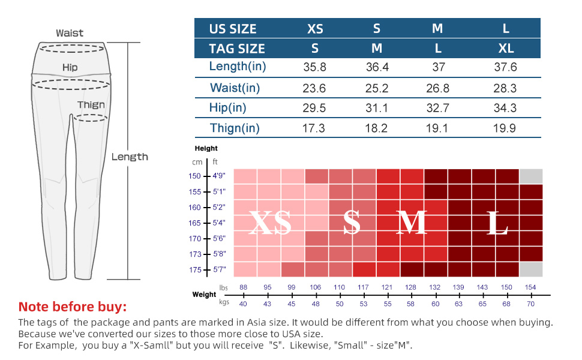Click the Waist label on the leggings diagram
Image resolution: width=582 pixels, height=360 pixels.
pyautogui.click(x=70, y=33)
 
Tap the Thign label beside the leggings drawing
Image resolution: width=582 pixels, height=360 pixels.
pyautogui.click(x=91, y=105)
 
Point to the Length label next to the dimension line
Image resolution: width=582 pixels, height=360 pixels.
pyautogui.click(x=130, y=157)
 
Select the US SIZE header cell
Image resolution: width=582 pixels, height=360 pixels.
pyautogui.click(x=233, y=29)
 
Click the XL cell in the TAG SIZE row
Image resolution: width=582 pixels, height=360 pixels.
pyautogui.click(x=506, y=49)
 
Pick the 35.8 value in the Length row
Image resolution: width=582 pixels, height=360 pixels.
pyautogui.click(x=314, y=67)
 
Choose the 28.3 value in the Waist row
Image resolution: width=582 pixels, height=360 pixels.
pyautogui.click(x=506, y=88)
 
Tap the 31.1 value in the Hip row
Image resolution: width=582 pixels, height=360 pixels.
pyautogui.click(x=377, y=108)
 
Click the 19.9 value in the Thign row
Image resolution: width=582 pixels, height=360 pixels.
pyautogui.click(x=506, y=128)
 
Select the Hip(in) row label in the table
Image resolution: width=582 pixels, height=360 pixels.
pyautogui.click(x=228, y=108)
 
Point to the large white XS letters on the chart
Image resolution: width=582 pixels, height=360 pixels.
pyautogui.click(x=270, y=224)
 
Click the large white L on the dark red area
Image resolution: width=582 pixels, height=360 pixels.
pyautogui.click(x=498, y=224)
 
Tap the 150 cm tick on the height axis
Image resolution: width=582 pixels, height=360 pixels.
pyautogui.click(x=194, y=176)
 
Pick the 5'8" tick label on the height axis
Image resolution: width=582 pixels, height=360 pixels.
pyautogui.click(x=220, y=254)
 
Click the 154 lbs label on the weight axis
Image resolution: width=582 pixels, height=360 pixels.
pyautogui.click(x=530, y=288)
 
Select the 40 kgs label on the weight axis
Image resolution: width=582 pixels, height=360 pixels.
pyautogui.click(x=243, y=304)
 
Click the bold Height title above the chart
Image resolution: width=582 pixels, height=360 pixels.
pyautogui.click(x=206, y=148)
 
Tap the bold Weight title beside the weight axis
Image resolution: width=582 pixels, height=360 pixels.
pyautogui.click(x=204, y=295)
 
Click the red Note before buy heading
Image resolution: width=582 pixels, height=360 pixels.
pyautogui.click(x=73, y=307)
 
